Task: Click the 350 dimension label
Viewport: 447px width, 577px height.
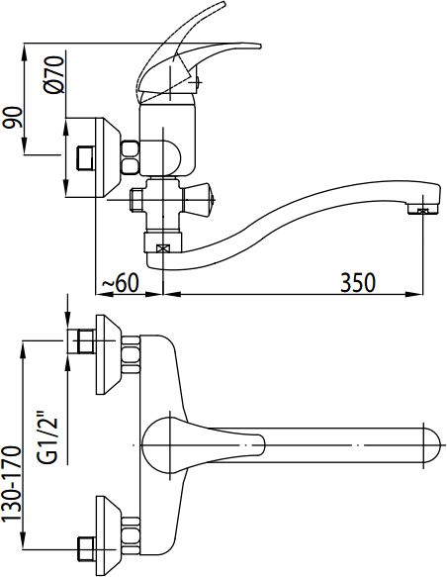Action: click(358, 283)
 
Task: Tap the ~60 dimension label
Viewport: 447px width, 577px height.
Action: click(121, 283)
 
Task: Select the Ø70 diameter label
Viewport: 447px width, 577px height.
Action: click(54, 74)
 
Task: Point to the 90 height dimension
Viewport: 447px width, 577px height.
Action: click(12, 118)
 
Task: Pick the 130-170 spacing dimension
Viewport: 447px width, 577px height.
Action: click(12, 484)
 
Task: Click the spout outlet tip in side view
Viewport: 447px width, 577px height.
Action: click(423, 211)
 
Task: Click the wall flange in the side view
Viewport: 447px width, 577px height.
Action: click(108, 157)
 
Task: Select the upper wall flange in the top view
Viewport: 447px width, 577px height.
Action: click(108, 354)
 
